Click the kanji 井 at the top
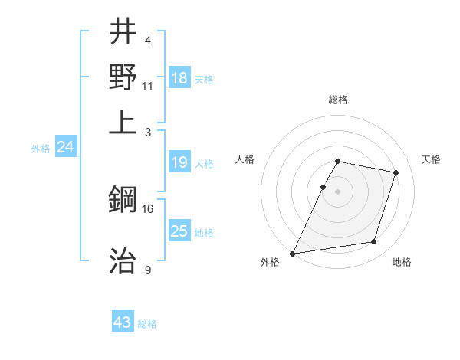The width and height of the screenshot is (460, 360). (x=123, y=31)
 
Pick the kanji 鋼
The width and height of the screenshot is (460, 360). (x=123, y=201)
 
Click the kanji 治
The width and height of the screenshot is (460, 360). (x=123, y=260)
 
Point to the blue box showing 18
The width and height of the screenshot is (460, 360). (x=179, y=78)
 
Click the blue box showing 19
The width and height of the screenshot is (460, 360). (x=179, y=162)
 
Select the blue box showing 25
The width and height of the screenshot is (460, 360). (x=179, y=231)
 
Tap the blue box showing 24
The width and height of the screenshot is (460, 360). (x=65, y=147)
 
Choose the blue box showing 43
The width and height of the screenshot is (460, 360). (x=123, y=322)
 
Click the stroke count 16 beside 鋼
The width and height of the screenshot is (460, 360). (x=148, y=208)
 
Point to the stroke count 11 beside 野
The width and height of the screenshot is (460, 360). (x=148, y=86)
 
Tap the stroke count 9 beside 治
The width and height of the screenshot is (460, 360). (x=148, y=270)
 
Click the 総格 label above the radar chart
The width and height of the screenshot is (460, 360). (x=338, y=100)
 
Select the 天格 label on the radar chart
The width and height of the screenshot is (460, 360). (x=432, y=159)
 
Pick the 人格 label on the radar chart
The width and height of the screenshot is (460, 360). (x=245, y=159)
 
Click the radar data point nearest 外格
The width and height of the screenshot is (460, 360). (x=293, y=254)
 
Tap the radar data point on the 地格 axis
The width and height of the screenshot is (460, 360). (x=374, y=242)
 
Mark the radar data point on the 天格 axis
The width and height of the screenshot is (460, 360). (x=396, y=172)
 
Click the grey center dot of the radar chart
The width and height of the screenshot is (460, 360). (x=338, y=191)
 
